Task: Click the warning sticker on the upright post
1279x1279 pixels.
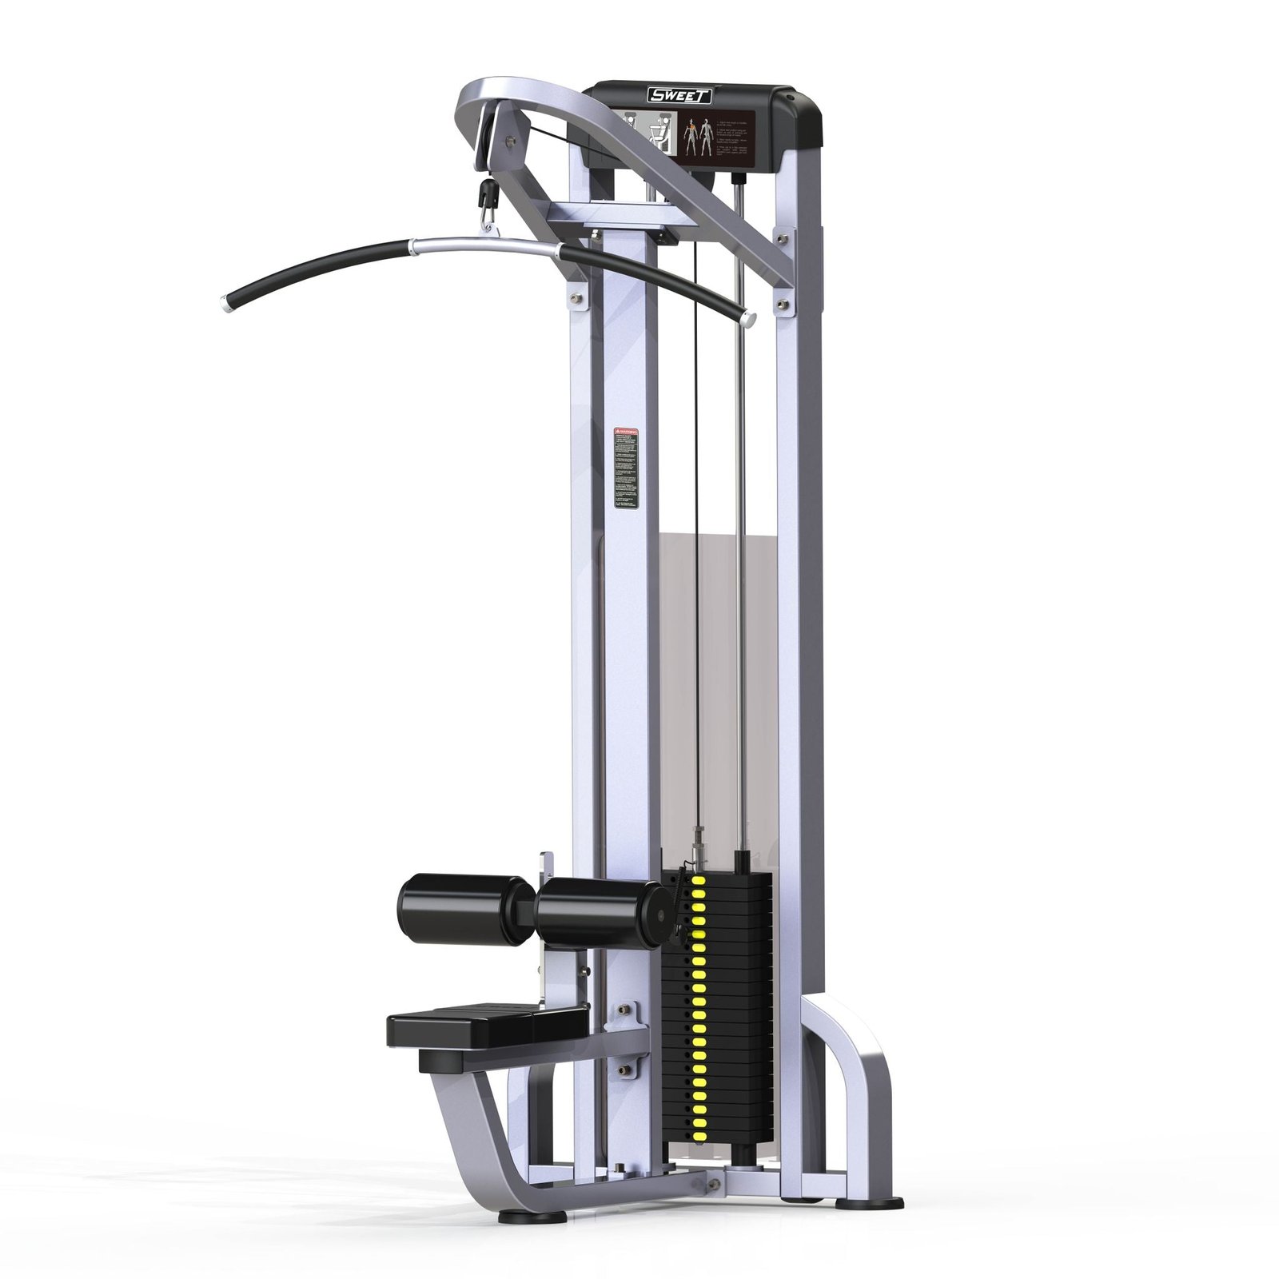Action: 627,467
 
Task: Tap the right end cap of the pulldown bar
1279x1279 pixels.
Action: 749,320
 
